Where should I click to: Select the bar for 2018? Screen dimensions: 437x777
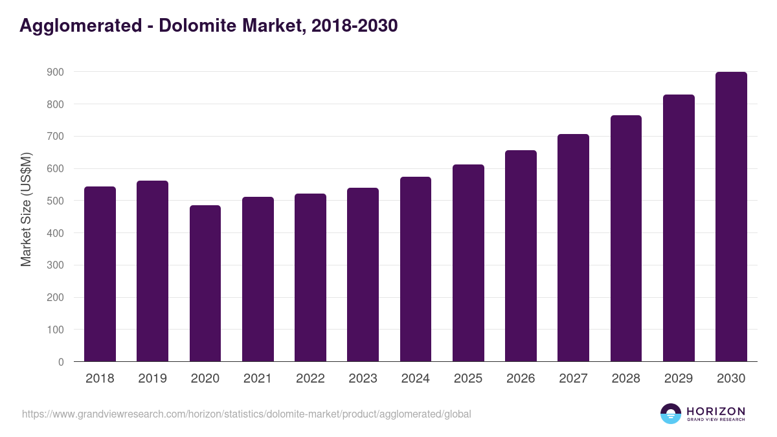[x=100, y=274]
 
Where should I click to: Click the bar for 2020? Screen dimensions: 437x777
[x=205, y=283]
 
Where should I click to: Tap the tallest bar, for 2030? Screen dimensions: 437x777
[x=731, y=217]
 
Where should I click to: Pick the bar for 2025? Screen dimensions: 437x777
[x=468, y=263]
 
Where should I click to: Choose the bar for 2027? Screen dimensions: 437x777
[x=573, y=248]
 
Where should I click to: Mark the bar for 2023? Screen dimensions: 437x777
[x=363, y=275]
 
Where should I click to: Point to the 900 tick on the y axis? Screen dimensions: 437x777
[x=55, y=72]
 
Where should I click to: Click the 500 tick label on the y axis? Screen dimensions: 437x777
[x=55, y=201]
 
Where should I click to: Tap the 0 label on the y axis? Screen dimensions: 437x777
[x=61, y=362]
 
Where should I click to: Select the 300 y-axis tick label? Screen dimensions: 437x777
[x=55, y=265]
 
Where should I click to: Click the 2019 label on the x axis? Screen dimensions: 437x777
[x=152, y=379]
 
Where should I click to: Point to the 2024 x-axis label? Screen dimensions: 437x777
[x=415, y=379]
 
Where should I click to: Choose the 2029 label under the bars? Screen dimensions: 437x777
[x=679, y=379]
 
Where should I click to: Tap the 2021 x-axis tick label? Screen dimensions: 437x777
[x=258, y=379]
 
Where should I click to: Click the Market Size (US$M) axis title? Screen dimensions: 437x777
[x=26, y=209]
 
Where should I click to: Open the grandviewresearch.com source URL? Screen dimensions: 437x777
[x=246, y=414]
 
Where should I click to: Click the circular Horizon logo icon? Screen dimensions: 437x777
[x=671, y=414]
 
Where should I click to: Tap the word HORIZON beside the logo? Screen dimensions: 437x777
[x=715, y=411]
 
